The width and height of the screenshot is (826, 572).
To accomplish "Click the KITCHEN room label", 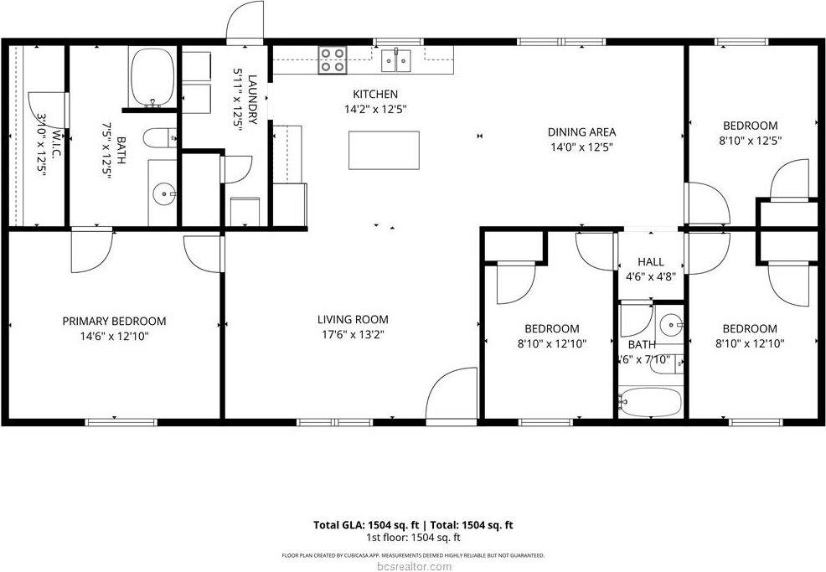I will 374,95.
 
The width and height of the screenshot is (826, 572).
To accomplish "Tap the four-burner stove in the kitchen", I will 333,59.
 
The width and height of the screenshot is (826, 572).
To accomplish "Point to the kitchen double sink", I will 397,59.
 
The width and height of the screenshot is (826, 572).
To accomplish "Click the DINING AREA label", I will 581,132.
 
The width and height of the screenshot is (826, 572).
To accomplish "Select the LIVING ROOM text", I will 353,319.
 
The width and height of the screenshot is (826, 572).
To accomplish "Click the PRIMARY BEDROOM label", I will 114,321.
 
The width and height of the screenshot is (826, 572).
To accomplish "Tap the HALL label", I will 650,262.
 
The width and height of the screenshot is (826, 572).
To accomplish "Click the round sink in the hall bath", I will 669,322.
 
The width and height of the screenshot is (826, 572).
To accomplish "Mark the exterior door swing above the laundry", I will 246,21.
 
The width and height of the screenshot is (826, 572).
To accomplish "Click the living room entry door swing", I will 452,394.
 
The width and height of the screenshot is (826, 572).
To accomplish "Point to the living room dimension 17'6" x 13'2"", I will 353,334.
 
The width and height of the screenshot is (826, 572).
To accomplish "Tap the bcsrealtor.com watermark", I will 412,566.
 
